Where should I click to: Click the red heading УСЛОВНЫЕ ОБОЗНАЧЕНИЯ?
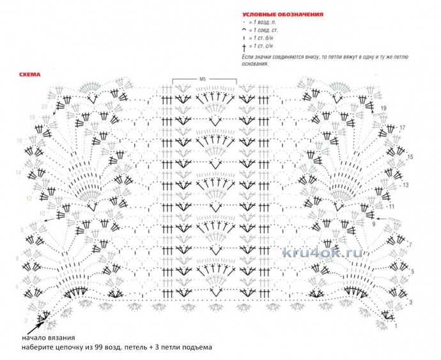click(x=282, y=13)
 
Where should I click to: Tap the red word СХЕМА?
click(x=30, y=75)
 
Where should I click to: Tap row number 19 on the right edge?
click(x=383, y=109)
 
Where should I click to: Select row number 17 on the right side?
click(x=403, y=128)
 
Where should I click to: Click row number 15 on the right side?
click(x=410, y=157)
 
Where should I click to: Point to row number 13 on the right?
click(x=405, y=185)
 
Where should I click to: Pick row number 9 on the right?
click(x=373, y=224)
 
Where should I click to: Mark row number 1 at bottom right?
click(x=396, y=326)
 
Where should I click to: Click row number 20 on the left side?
click(x=44, y=106)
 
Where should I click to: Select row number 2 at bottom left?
click(x=26, y=318)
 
